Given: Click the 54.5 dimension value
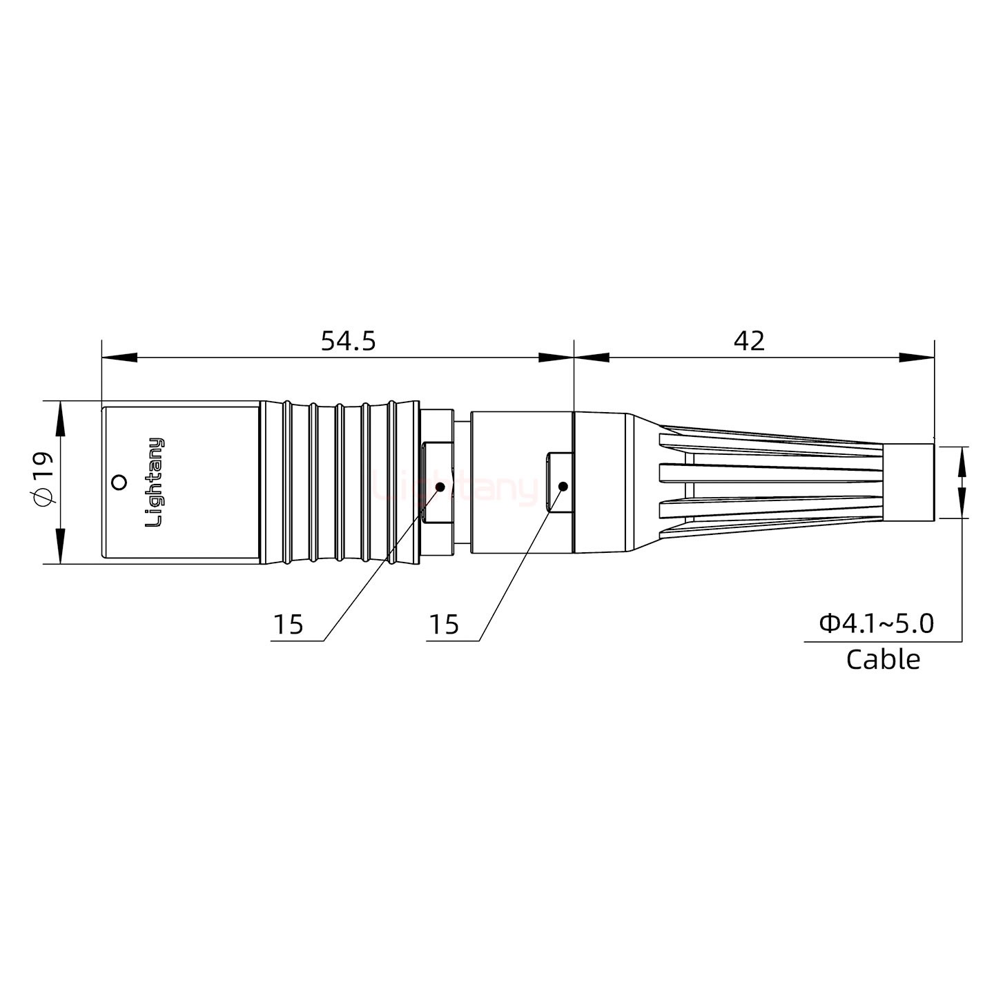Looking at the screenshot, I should pos(348,341).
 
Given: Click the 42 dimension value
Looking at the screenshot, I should pos(749,341).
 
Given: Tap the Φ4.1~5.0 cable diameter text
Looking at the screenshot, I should pos(876,623).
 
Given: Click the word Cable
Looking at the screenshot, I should pos(883,659).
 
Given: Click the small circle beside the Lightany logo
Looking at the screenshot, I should pos(119,482).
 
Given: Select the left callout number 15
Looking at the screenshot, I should pos(289,625).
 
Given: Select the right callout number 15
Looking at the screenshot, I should pos(444,625).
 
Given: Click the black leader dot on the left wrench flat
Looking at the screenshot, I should pos(440,487).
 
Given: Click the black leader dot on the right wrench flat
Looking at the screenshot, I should pos(563,487).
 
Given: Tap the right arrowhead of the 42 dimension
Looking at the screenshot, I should pos(917,358).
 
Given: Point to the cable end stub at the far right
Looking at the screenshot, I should pos(909,482).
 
